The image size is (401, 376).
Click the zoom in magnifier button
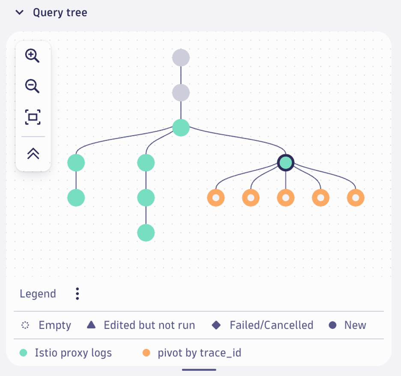(x=32, y=56)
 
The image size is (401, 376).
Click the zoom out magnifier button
(x=32, y=86)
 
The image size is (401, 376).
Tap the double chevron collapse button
(x=33, y=154)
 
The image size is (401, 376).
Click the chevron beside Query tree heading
(x=19, y=12)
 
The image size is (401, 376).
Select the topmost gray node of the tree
(x=181, y=58)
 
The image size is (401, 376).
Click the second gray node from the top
(x=181, y=93)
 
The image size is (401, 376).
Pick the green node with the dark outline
(x=286, y=163)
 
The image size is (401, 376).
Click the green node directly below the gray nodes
(x=181, y=127)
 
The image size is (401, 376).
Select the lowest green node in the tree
(x=146, y=233)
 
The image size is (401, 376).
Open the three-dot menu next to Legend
(x=77, y=294)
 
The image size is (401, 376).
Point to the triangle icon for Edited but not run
(x=91, y=325)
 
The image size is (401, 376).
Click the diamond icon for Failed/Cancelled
(x=216, y=325)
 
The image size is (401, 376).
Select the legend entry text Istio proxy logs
(x=73, y=353)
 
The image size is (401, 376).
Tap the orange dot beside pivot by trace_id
(x=146, y=353)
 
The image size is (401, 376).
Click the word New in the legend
(x=355, y=325)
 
